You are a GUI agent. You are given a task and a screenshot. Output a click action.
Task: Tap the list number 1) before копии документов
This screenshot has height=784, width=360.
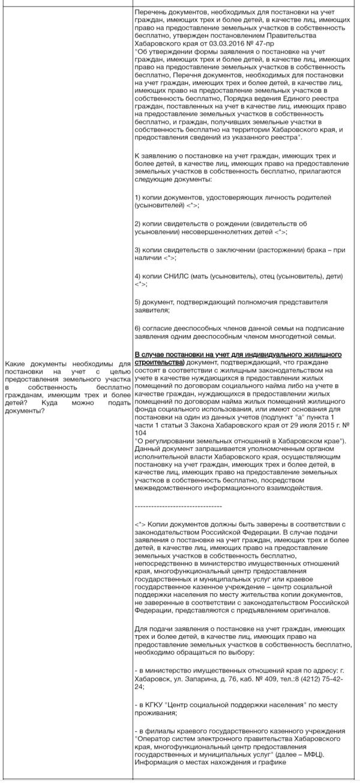click(x=138, y=197)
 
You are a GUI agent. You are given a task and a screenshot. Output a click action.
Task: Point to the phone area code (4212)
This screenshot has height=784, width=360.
click(x=306, y=661)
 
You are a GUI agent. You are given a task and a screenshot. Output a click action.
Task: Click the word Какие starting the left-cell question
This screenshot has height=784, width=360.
click(x=17, y=363)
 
